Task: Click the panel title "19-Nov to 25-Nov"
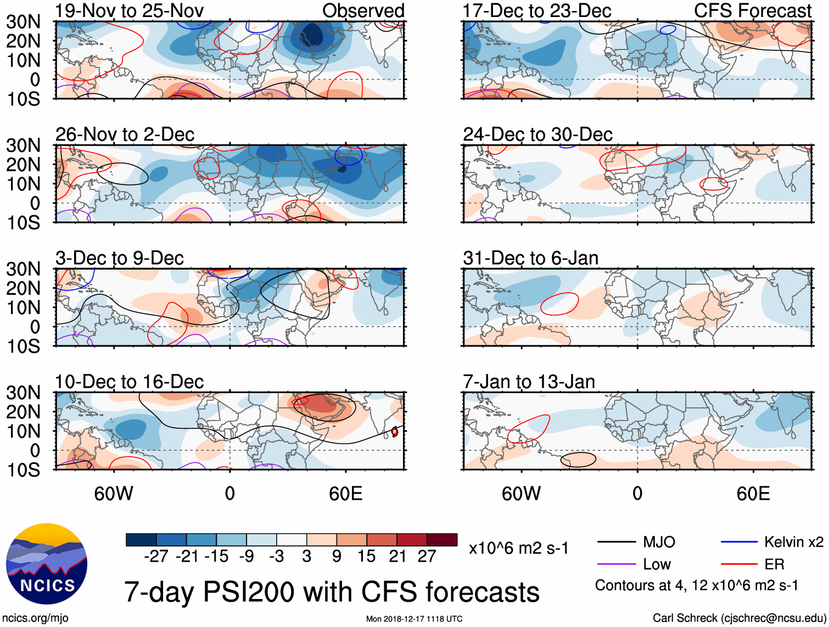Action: coord(129,10)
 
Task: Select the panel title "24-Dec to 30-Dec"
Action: coord(537,135)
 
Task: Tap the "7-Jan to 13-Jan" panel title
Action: coord(529,382)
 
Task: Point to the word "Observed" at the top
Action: coord(363,10)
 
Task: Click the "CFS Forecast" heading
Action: coord(752,10)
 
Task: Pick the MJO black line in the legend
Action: coord(617,542)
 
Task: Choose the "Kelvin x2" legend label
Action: coord(793,542)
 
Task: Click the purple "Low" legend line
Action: coord(617,564)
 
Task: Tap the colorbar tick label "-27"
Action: coord(156,556)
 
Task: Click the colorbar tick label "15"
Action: coord(367,556)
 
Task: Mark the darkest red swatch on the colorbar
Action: coord(442,540)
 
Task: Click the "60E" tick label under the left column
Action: coord(346,494)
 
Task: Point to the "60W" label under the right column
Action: coord(521,494)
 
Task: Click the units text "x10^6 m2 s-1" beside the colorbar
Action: coord(519,548)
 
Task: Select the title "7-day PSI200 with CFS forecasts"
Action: coord(332,592)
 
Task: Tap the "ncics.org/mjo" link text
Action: coord(36,618)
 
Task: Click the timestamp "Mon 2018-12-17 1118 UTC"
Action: coord(414,619)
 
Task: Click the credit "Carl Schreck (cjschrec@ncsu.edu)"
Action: coord(739,618)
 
